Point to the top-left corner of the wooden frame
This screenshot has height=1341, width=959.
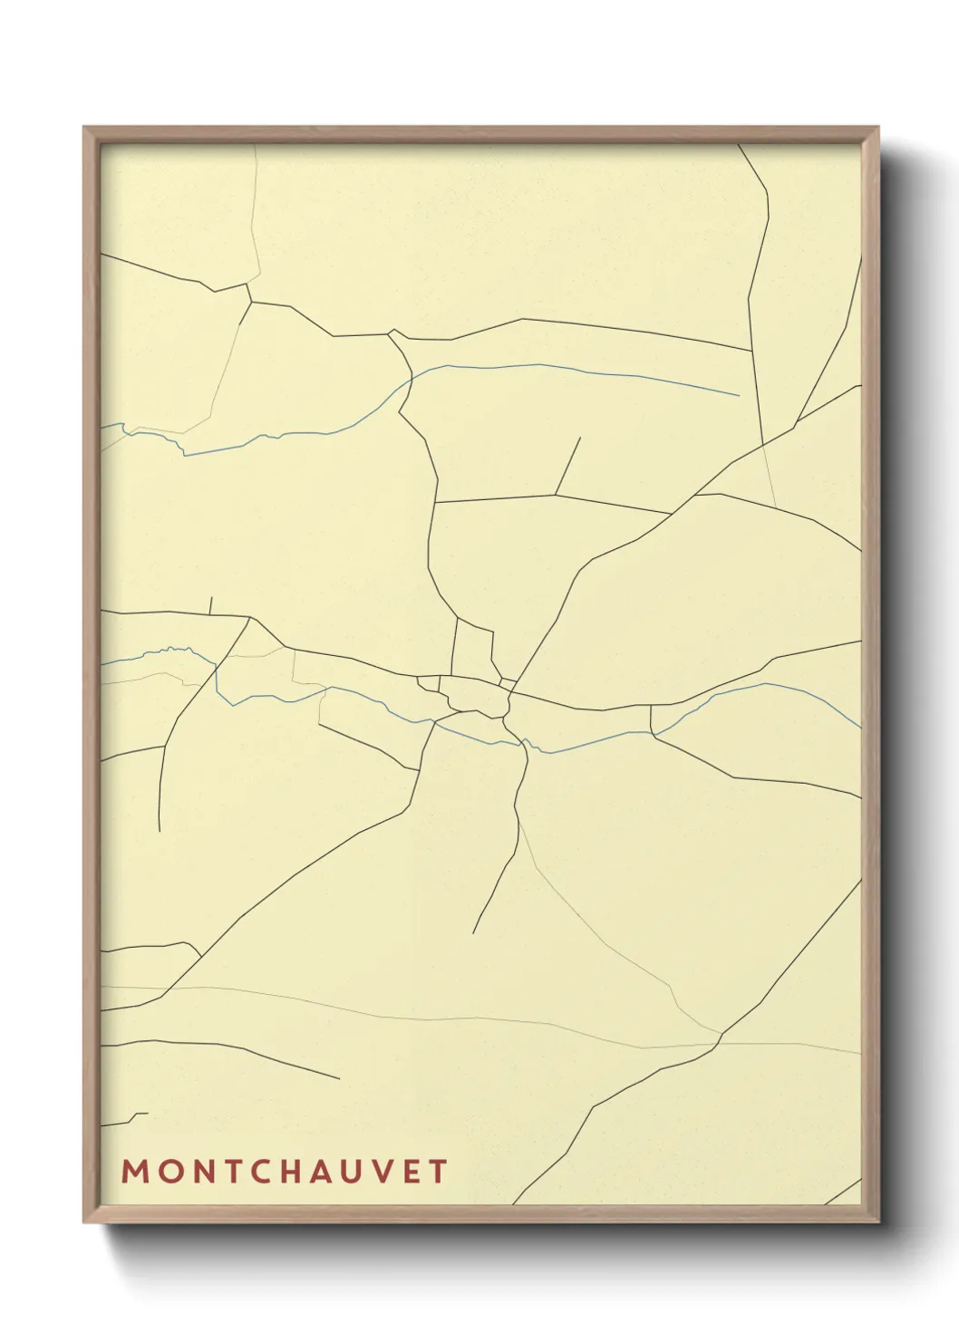84,128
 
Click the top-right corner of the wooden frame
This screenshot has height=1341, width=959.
877,128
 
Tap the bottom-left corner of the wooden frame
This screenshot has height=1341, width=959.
84,1222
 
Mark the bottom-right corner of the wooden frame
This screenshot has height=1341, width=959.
877,1222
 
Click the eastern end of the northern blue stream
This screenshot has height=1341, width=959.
739,395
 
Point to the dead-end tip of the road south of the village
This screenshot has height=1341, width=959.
473,932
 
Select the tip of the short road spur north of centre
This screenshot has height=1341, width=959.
579,438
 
